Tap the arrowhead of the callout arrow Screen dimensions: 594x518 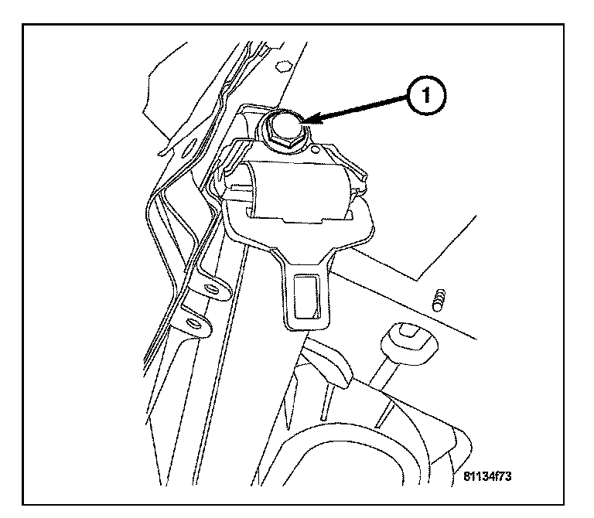[x=309, y=120]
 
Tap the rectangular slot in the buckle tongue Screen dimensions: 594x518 [x=303, y=298]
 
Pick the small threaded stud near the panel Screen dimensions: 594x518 [x=440, y=298]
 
